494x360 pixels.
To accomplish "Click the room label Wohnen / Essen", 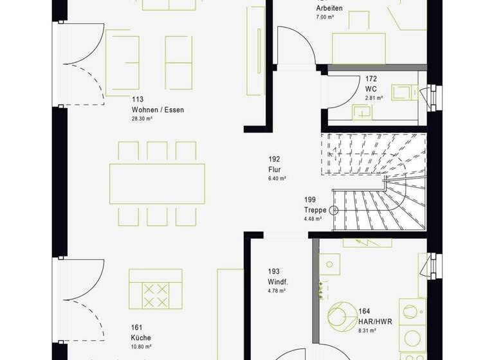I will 158,110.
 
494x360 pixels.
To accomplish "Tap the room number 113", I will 137,99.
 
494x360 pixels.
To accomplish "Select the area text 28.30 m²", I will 142,120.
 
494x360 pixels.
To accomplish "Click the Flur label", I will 275,170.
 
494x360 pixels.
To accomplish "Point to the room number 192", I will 275,159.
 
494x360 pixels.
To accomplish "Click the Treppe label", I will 315,210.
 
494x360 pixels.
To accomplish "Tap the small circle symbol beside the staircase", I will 334,210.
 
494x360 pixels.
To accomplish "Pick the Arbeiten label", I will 329,8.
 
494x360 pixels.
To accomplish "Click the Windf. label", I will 277,282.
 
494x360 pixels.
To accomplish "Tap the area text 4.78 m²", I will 277,292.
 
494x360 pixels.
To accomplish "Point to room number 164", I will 364,311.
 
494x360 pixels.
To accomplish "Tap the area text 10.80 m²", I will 140,346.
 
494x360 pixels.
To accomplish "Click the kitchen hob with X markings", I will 155,295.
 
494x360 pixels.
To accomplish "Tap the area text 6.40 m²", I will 277,179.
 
